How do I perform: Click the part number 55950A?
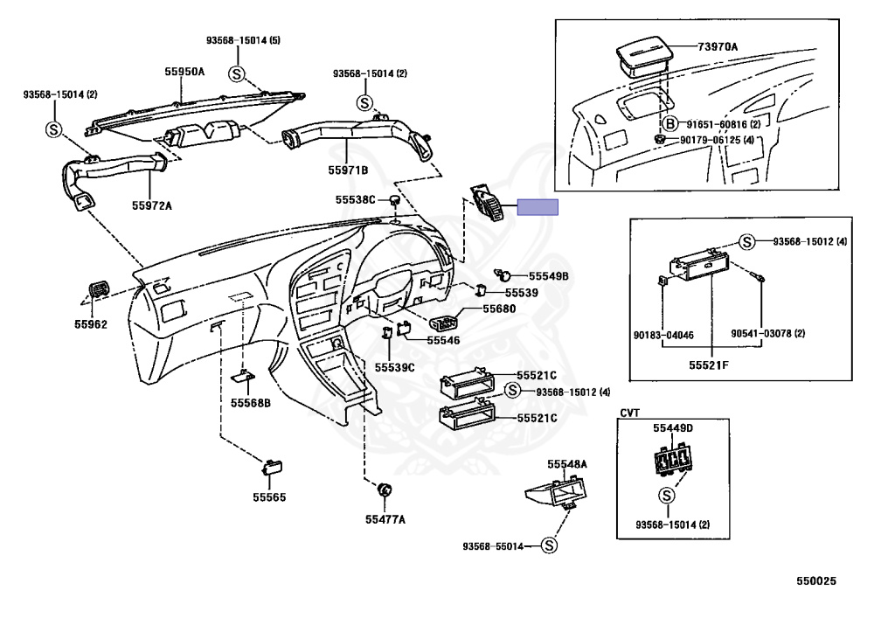(185, 73)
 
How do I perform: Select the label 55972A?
(152, 205)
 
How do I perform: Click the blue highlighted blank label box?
(538, 207)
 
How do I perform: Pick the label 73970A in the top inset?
(717, 46)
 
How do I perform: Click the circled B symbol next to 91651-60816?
(670, 124)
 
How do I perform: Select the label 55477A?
(385, 519)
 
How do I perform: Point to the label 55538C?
(355, 200)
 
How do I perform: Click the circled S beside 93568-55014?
(548, 545)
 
